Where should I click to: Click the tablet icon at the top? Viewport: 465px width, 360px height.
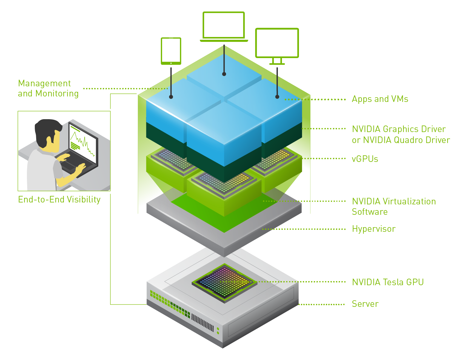tap(171, 51)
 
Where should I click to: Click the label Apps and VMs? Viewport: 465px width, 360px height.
tap(380, 99)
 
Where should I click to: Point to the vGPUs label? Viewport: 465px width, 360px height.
tap(365, 159)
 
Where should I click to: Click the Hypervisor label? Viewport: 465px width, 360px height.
tap(373, 229)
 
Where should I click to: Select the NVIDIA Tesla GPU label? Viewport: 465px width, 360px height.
tap(388, 282)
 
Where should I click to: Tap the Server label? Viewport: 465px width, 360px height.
tap(365, 304)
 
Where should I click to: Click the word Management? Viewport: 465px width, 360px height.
tap(44, 83)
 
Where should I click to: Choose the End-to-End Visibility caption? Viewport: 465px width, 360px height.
tap(59, 199)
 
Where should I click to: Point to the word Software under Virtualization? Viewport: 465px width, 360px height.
tap(370, 212)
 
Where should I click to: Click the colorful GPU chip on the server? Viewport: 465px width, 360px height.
tap(224, 282)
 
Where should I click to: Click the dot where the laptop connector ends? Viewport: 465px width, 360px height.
tap(224, 74)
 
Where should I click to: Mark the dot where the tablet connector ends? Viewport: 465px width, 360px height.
tap(171, 97)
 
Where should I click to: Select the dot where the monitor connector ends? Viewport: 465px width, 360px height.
tap(277, 97)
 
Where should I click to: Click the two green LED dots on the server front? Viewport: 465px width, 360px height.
tap(218, 331)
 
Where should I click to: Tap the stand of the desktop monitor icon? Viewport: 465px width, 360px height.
tap(277, 61)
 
